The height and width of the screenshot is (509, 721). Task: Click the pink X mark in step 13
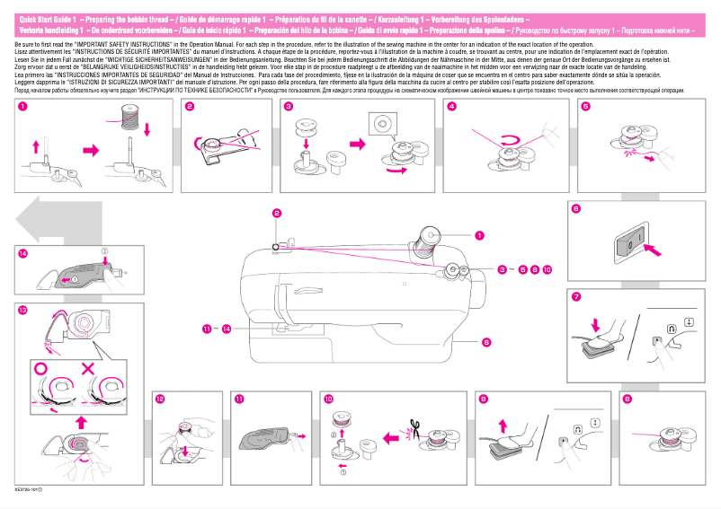(x=88, y=368)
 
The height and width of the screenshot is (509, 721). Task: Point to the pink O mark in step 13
(x=39, y=368)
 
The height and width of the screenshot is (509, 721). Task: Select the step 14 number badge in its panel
(x=22, y=253)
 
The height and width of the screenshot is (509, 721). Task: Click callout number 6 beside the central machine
(x=485, y=342)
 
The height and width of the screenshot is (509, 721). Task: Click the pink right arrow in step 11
(x=302, y=436)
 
